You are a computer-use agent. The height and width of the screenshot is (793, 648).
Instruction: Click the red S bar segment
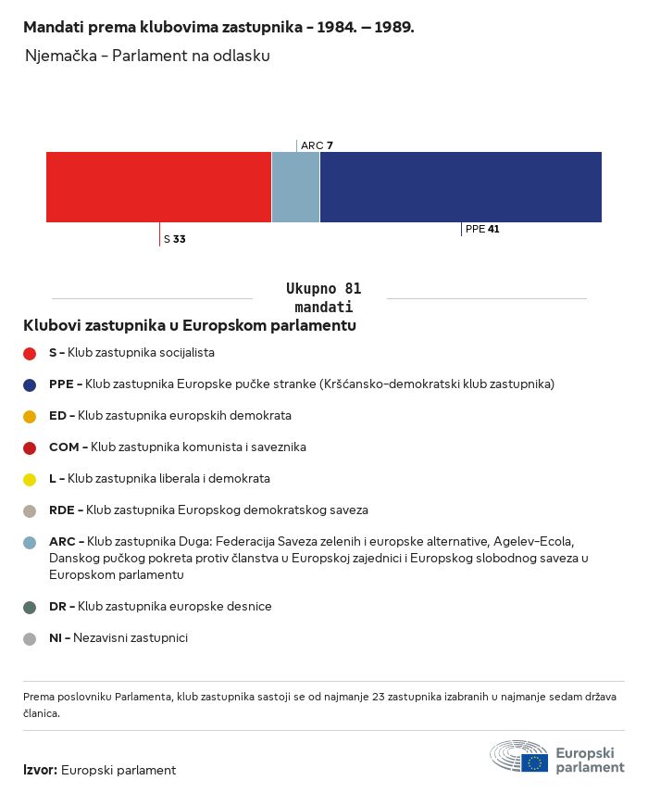click(x=158, y=187)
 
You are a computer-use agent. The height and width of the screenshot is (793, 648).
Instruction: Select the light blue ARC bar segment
click(x=295, y=187)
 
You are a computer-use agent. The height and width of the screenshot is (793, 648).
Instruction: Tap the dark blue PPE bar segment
click(x=461, y=187)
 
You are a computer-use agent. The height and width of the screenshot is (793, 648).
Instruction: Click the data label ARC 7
click(x=317, y=145)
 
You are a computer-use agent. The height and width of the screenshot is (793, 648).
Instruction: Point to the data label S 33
click(x=175, y=239)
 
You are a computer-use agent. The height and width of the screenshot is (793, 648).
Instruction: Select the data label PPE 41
click(x=482, y=229)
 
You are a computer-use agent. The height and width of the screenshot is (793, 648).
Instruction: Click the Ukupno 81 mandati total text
click(x=323, y=298)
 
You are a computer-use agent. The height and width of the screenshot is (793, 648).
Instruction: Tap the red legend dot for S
click(x=30, y=354)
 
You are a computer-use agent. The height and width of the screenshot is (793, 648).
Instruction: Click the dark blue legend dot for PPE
click(x=30, y=384)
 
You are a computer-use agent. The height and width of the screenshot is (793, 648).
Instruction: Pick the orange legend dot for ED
click(x=30, y=416)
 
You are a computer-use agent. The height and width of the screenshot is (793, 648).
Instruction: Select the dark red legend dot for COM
click(x=30, y=448)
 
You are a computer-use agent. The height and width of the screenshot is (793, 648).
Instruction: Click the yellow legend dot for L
click(x=30, y=480)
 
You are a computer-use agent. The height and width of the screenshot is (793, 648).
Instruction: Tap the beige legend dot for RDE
click(x=30, y=510)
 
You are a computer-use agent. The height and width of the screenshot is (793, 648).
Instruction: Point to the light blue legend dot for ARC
click(x=30, y=543)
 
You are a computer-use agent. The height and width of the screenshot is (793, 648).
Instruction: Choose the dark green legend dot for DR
click(x=30, y=608)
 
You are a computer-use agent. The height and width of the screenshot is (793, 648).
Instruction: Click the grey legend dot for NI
click(x=30, y=638)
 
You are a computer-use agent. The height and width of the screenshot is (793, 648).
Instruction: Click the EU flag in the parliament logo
click(x=535, y=762)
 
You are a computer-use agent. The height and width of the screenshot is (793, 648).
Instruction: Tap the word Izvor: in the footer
click(x=41, y=770)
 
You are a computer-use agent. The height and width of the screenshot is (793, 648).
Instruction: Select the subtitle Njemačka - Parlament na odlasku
click(x=147, y=56)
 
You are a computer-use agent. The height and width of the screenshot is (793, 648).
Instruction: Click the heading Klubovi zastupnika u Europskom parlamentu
click(x=190, y=325)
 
